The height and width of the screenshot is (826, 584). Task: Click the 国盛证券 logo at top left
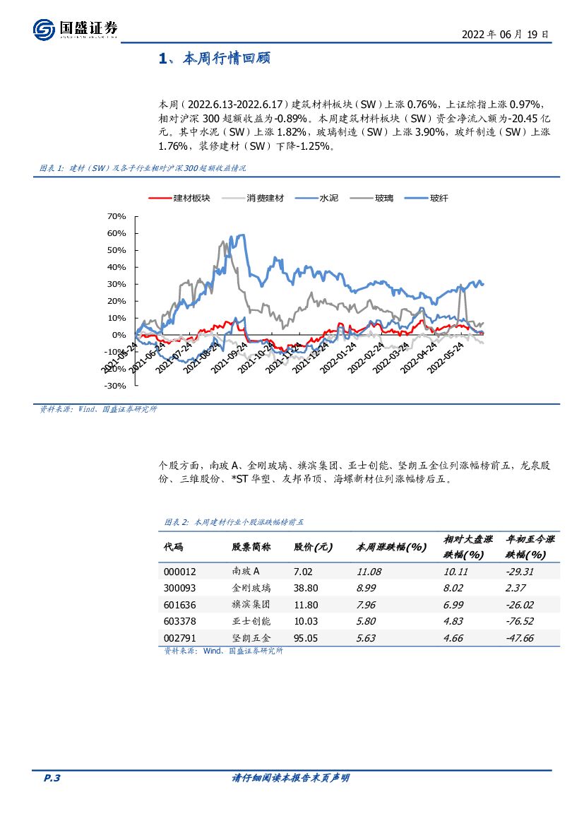click(x=75, y=29)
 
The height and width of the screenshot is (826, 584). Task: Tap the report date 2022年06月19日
click(x=505, y=34)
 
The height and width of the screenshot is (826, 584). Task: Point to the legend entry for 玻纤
click(x=428, y=199)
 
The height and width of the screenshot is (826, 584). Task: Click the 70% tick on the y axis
click(x=115, y=216)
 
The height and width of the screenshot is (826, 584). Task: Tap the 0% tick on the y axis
click(x=118, y=335)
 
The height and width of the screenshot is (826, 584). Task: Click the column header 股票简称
click(x=251, y=548)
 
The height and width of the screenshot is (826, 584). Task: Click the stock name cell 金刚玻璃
click(x=251, y=588)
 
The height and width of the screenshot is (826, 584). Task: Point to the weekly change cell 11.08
click(x=369, y=572)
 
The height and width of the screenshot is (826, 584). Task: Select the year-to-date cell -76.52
click(x=520, y=622)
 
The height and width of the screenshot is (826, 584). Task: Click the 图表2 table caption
click(x=233, y=522)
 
